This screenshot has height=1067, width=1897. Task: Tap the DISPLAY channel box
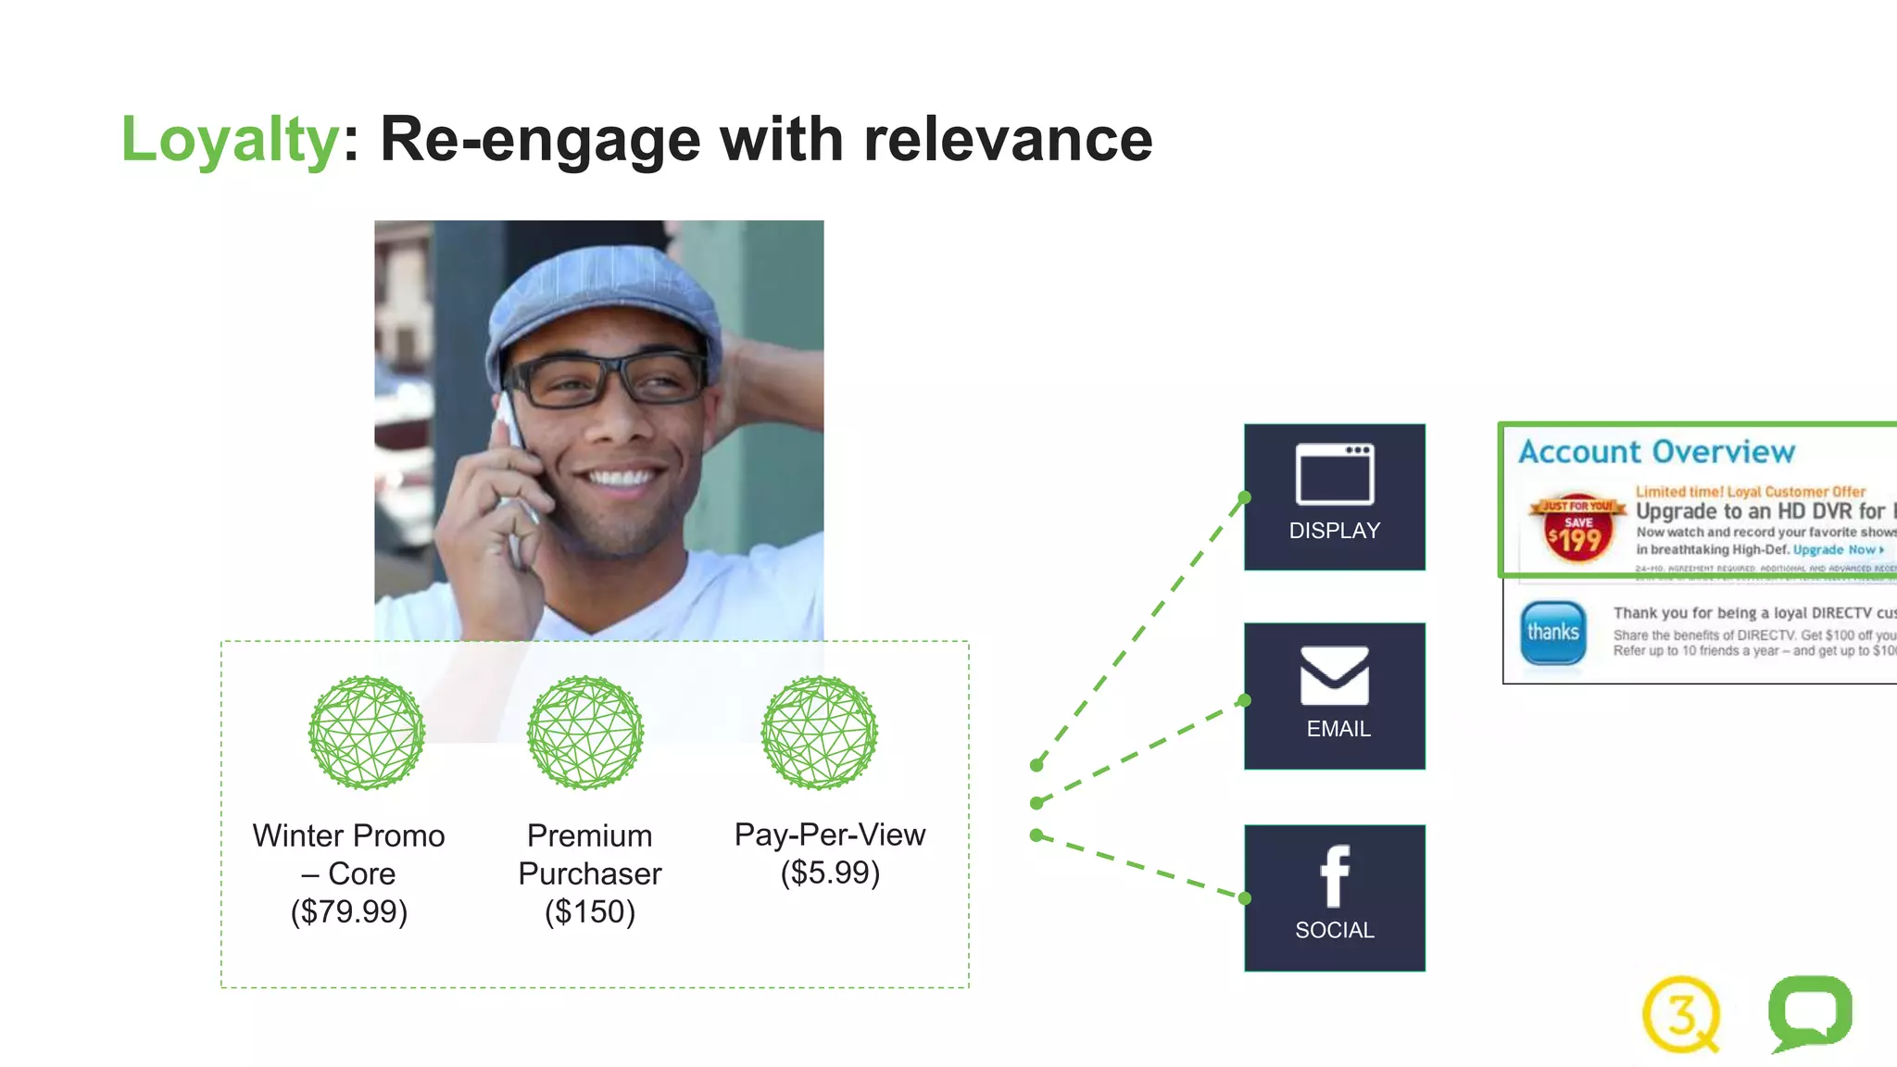[x=1334, y=497]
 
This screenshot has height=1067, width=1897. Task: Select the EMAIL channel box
[x=1334, y=697]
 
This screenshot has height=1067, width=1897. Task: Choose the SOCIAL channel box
[x=1334, y=898]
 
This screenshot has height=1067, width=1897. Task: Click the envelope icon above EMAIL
[x=1334, y=675]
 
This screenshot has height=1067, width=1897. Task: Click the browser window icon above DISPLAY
[x=1334, y=474]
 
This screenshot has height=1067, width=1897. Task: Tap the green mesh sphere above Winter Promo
[x=367, y=733]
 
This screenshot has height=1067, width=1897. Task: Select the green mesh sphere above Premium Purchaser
[x=585, y=733]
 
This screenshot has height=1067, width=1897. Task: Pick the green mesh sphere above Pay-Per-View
[x=819, y=733]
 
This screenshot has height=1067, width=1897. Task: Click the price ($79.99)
[x=349, y=912]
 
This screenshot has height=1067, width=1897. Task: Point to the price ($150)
[x=590, y=912]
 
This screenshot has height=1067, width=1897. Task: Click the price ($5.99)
[x=830, y=873]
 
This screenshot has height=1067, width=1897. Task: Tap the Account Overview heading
[x=1656, y=452]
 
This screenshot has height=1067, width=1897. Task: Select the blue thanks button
[x=1553, y=633]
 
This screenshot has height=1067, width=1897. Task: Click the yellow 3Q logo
[x=1680, y=1014]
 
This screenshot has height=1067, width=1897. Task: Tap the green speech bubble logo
[x=1810, y=1012]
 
